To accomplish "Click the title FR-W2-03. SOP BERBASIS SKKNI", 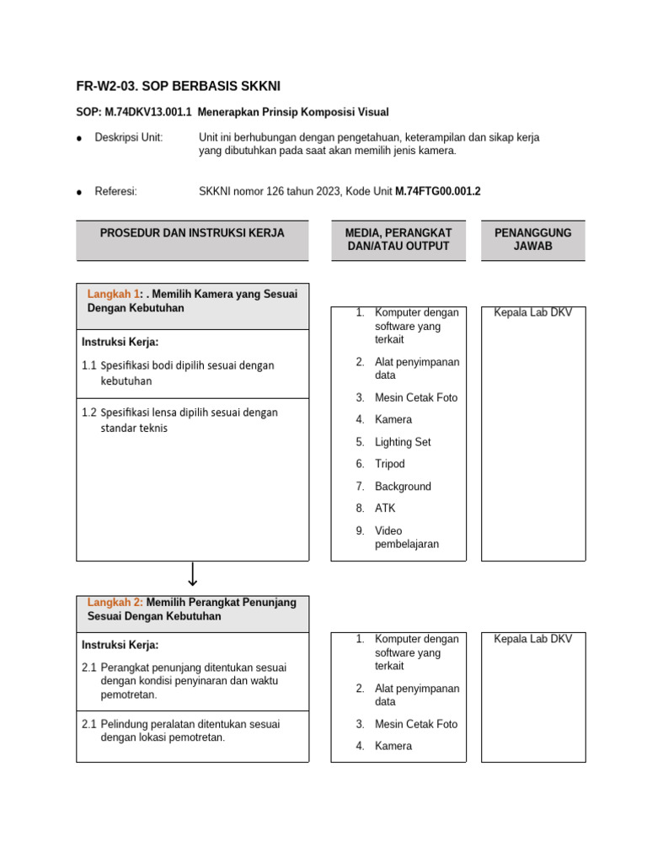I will pos(178,87).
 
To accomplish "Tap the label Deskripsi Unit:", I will pos(128,137).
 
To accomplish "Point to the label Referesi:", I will pos(115,191).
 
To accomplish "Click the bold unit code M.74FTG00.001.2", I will pos(437,191).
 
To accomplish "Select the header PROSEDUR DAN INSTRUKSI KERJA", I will pos(192,233).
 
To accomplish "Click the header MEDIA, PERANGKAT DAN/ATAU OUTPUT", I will pos(398,239).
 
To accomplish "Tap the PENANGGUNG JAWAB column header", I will pos(532,239).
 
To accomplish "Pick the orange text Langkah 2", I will pos(115,603).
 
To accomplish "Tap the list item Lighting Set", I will pos(403,442).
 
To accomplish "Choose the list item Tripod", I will pos(389,464).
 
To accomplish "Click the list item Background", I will pos(403,487).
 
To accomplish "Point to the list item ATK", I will pos(384,508).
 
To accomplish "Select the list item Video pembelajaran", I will pos(406,537).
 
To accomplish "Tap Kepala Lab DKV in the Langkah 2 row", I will pos(532,639).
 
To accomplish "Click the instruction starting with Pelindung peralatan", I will pos(190,731).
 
